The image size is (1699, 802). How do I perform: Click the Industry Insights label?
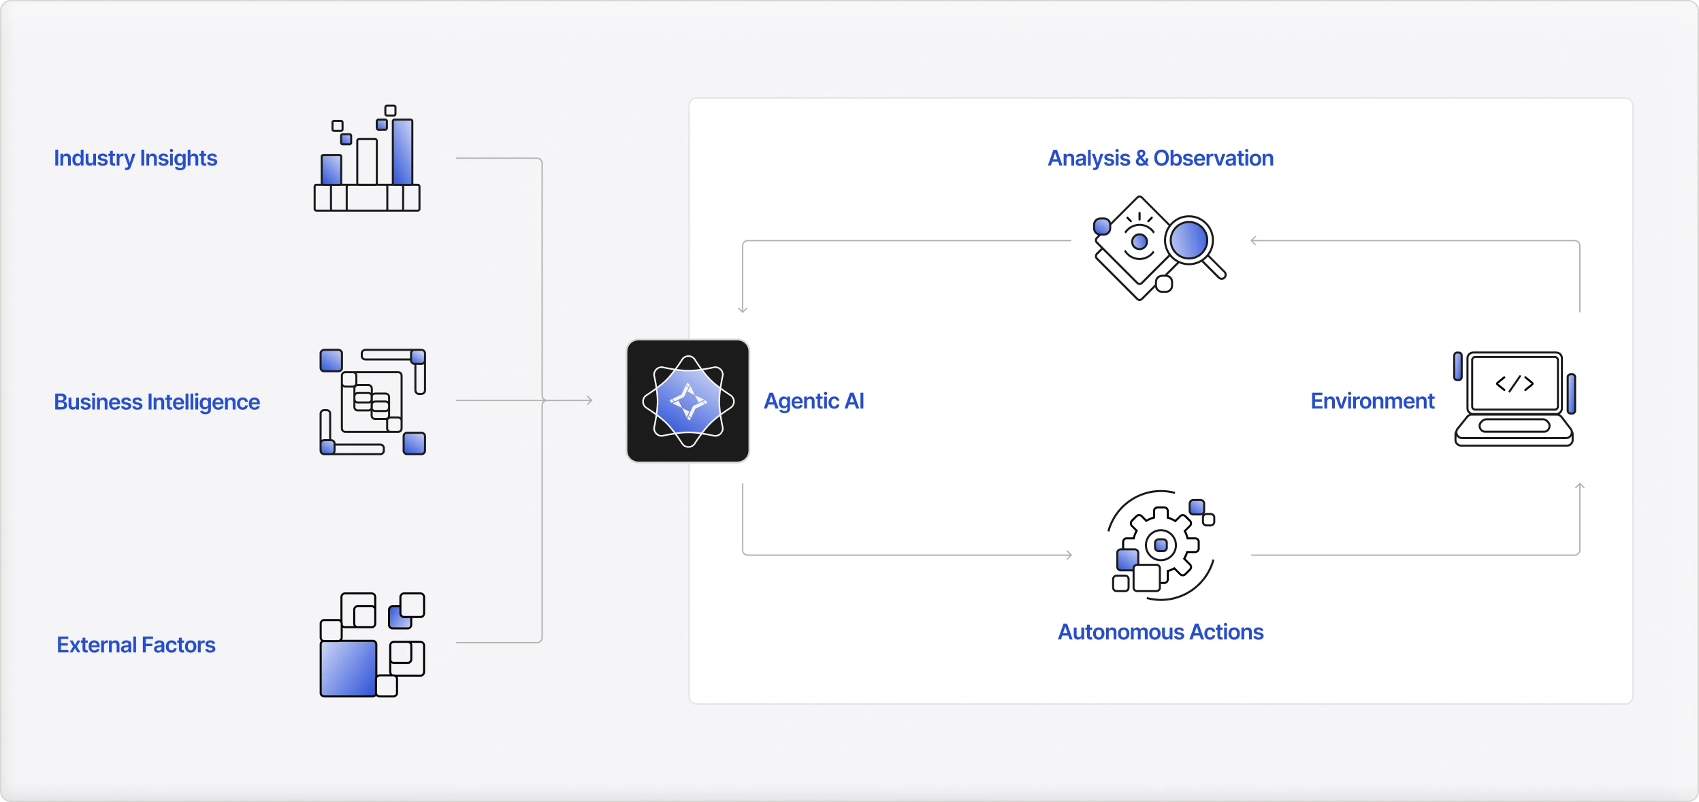click(135, 158)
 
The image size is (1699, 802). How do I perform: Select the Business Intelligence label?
click(157, 402)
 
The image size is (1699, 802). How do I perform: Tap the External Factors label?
click(136, 645)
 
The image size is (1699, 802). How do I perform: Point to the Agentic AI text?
click(814, 401)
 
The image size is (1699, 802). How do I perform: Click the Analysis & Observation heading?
click(1161, 158)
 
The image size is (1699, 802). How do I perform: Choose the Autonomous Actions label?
click(1161, 632)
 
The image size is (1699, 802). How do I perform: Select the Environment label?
click(1372, 401)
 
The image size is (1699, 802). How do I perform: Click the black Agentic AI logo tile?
click(687, 401)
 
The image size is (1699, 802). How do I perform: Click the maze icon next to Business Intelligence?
click(372, 402)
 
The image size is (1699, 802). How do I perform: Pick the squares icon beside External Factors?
click(372, 645)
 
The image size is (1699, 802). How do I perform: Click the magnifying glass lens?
click(1188, 240)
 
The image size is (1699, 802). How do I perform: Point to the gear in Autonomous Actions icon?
click(1161, 545)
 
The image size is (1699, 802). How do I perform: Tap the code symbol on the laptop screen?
click(1515, 384)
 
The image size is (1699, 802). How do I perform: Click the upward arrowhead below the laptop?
click(1580, 486)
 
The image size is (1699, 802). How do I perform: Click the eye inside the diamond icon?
click(1139, 242)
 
